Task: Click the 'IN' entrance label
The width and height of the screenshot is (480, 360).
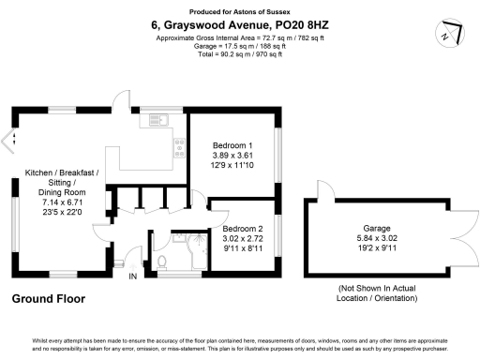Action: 132,277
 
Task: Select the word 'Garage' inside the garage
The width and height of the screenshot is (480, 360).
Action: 377,228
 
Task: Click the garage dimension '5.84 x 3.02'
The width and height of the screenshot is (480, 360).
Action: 377,238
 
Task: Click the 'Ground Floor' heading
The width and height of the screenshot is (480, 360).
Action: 48,299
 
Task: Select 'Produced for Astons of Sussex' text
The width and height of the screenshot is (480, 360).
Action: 240,9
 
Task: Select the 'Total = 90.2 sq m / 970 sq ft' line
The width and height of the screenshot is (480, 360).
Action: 239,54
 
